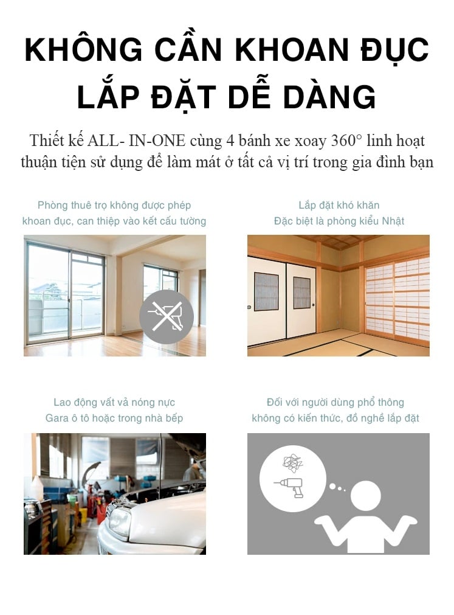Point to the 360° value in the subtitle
tap(346, 141)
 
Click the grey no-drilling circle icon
tap(166, 316)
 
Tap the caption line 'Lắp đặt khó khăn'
tap(339, 206)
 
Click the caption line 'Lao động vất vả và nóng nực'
tap(114, 403)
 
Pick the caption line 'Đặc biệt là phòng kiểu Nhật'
tap(339, 221)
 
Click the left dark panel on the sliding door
tap(266, 291)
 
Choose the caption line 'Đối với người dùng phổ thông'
tap(335, 403)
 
